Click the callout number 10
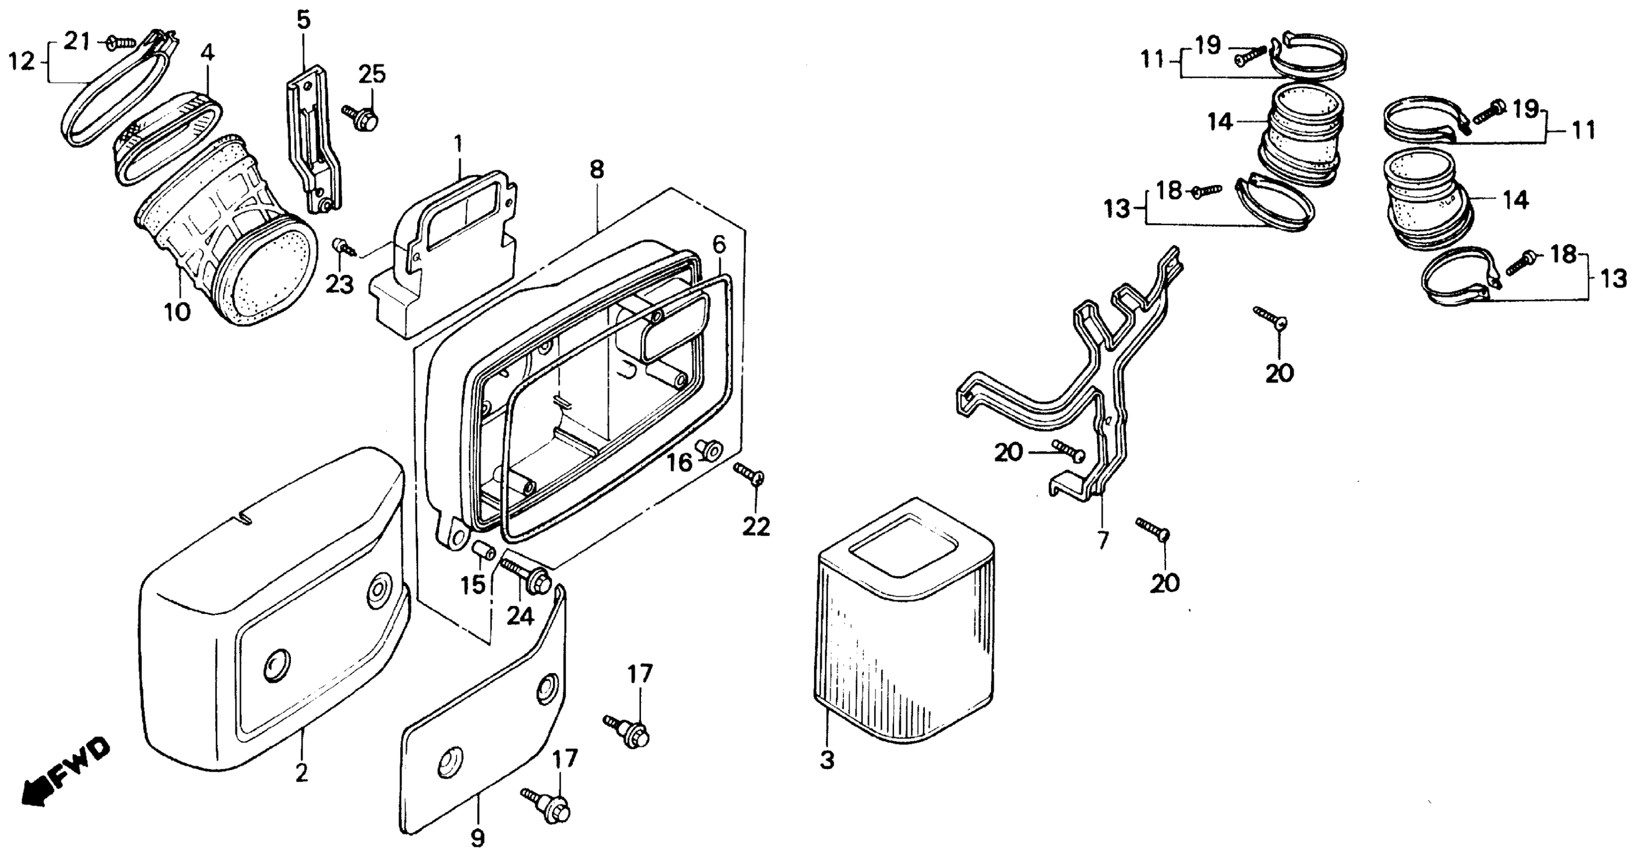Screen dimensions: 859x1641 point(177,312)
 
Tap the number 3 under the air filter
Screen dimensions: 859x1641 point(826,759)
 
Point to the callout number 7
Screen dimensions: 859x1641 point(1103,540)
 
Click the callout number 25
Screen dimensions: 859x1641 point(372,75)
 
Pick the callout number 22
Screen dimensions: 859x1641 point(756,527)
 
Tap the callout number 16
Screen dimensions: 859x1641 point(679,463)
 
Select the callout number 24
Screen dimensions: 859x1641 point(520,616)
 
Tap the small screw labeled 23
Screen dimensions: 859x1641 point(341,247)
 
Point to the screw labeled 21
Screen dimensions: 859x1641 point(121,42)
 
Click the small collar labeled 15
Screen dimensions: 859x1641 point(485,550)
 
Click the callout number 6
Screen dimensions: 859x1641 point(719,244)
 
